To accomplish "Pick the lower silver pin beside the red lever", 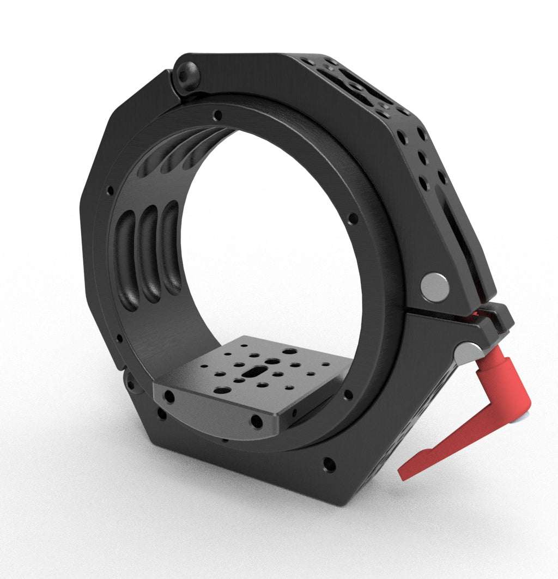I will [468, 354].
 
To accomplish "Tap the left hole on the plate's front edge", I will [169, 397].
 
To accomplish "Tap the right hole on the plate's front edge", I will [254, 420].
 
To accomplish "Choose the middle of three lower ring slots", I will [149, 256].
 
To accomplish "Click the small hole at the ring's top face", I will [218, 115].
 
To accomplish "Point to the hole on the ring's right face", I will [353, 218].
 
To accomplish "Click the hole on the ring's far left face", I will [111, 191].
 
